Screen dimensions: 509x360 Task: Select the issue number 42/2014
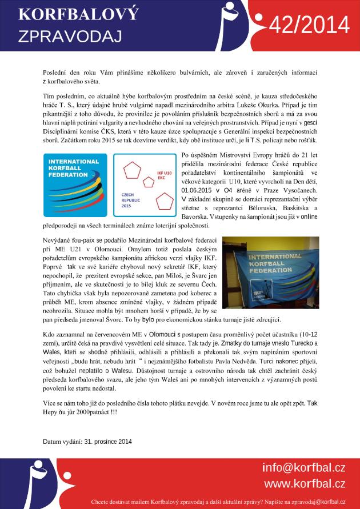tap(309, 25)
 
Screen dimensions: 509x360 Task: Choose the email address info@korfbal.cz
tap(303, 468)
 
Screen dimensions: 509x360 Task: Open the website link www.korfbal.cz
tap(304, 484)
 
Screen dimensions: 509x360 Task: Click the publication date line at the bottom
tap(87, 441)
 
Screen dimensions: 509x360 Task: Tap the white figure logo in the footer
tap(37, 483)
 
